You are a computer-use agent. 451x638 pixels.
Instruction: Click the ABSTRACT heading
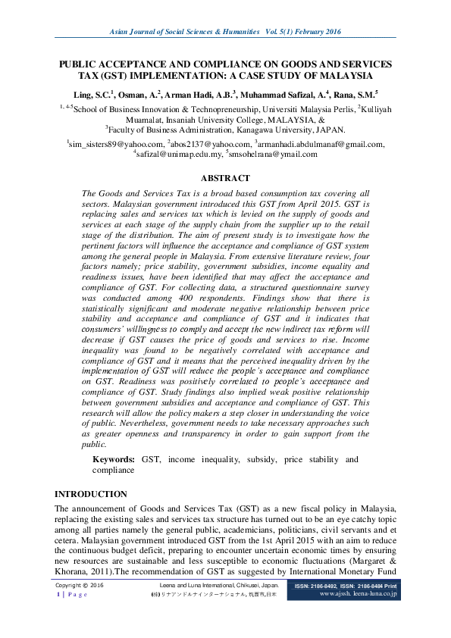pos(225,178)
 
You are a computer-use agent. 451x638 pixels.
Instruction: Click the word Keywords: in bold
pos(114,460)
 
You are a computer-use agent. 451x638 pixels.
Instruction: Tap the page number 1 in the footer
pos(59,595)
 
